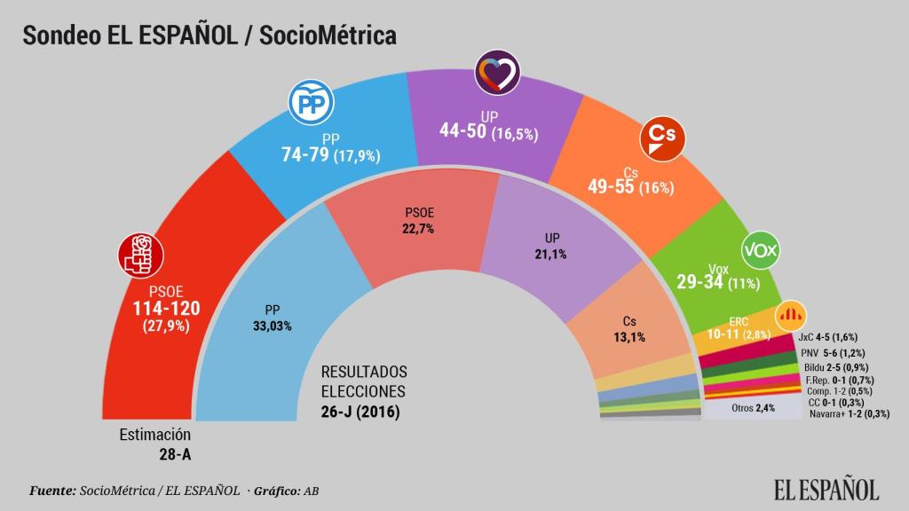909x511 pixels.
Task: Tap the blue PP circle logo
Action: coord(310,104)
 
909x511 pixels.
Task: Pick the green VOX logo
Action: coord(760,251)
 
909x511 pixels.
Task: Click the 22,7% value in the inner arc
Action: coord(419,228)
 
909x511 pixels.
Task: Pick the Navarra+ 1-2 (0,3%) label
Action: coord(850,413)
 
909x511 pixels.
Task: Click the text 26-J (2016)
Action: coord(360,412)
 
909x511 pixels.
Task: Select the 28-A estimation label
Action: coord(173,454)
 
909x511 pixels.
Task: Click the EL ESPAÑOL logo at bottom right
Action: coord(826,488)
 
